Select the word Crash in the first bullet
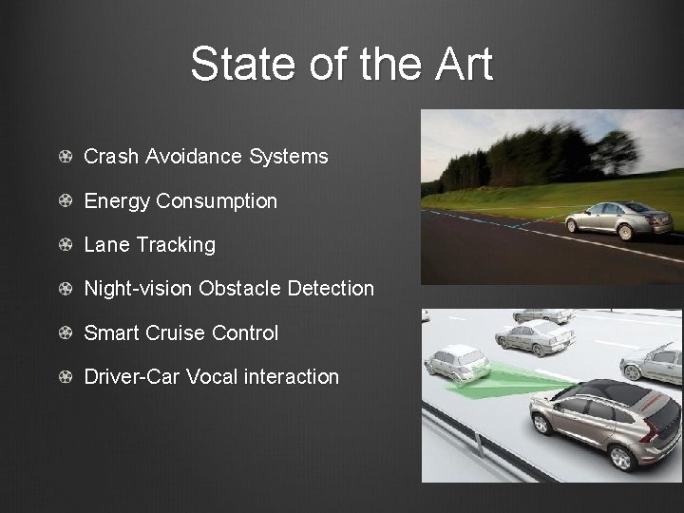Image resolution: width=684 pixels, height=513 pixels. pos(111,157)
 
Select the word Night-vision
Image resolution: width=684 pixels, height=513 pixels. pos(139,288)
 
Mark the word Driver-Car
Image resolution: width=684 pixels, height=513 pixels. pos(132,377)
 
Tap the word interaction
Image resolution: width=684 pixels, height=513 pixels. pos(291,377)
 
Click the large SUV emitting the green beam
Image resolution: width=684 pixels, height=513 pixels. pos(608,423)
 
